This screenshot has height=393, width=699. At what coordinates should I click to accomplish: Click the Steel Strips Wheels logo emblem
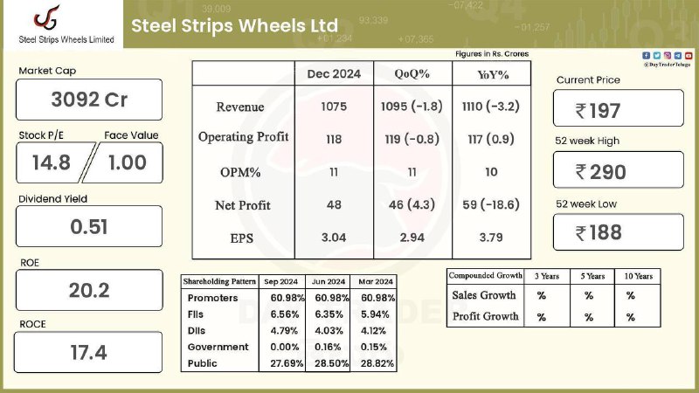coord(47,18)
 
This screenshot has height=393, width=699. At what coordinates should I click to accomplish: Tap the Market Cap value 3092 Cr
coord(89,100)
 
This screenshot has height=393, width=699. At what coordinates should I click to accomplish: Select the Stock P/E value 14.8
coord(52,162)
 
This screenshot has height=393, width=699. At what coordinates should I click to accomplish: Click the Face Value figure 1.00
coord(128,162)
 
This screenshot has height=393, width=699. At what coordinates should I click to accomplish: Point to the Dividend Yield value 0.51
coord(89,227)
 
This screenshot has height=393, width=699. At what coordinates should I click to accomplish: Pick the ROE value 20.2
coord(89,291)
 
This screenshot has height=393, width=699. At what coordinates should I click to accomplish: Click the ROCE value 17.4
coord(89,353)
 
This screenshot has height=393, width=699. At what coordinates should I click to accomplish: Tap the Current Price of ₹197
coord(598,111)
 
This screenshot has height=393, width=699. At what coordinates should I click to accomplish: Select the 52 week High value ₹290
coord(601,172)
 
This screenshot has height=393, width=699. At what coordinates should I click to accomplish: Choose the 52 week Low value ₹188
coord(599,232)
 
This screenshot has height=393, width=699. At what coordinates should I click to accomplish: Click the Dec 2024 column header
coord(334,74)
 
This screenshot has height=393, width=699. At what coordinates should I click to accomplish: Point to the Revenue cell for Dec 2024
coord(334,107)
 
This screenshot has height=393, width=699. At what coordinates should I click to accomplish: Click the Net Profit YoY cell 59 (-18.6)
coord(491,204)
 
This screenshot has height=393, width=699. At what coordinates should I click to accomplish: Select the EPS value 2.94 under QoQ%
coord(412,238)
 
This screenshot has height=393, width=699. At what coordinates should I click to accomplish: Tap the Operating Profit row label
coord(244,137)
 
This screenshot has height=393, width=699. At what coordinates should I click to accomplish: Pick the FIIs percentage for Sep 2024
coord(285,314)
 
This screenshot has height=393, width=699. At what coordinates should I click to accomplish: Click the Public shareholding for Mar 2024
coord(377,363)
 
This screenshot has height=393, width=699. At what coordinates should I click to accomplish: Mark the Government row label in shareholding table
coord(218,347)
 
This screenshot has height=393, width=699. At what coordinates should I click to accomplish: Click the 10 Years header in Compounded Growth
coord(639,276)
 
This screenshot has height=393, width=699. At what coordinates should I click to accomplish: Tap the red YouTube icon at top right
coord(689,55)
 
